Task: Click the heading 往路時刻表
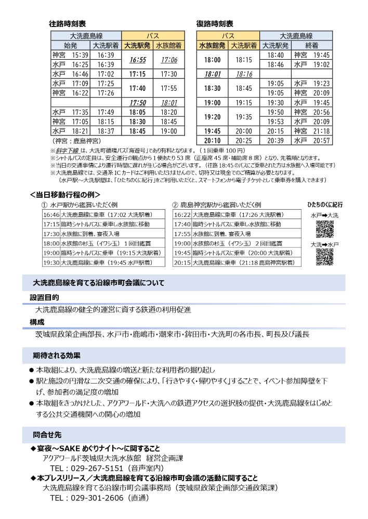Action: [x=67, y=24]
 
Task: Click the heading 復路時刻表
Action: [x=214, y=24]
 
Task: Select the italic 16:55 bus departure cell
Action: [x=138, y=60]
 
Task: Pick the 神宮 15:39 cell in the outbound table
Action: [x=71, y=55]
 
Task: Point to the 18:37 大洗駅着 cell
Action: [x=106, y=131]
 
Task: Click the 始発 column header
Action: [x=70, y=46]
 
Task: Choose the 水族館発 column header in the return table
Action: [x=213, y=46]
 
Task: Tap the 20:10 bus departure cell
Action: [x=213, y=140]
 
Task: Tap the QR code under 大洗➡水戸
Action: [x=325, y=256]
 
